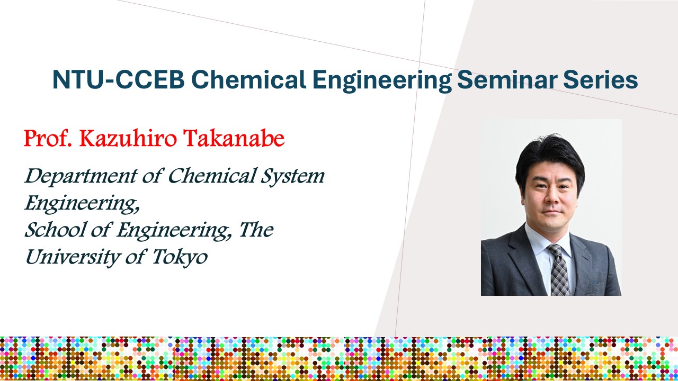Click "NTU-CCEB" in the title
(x=118, y=79)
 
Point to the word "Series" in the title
(x=601, y=79)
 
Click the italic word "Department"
(x=81, y=177)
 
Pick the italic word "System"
(x=292, y=177)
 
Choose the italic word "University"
(x=73, y=258)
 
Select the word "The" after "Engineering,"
(x=256, y=230)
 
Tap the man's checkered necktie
(x=560, y=270)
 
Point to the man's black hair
(x=550, y=159)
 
